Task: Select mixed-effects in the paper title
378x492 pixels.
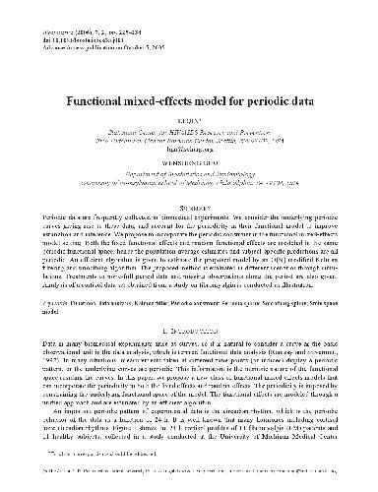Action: pos(162,100)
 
